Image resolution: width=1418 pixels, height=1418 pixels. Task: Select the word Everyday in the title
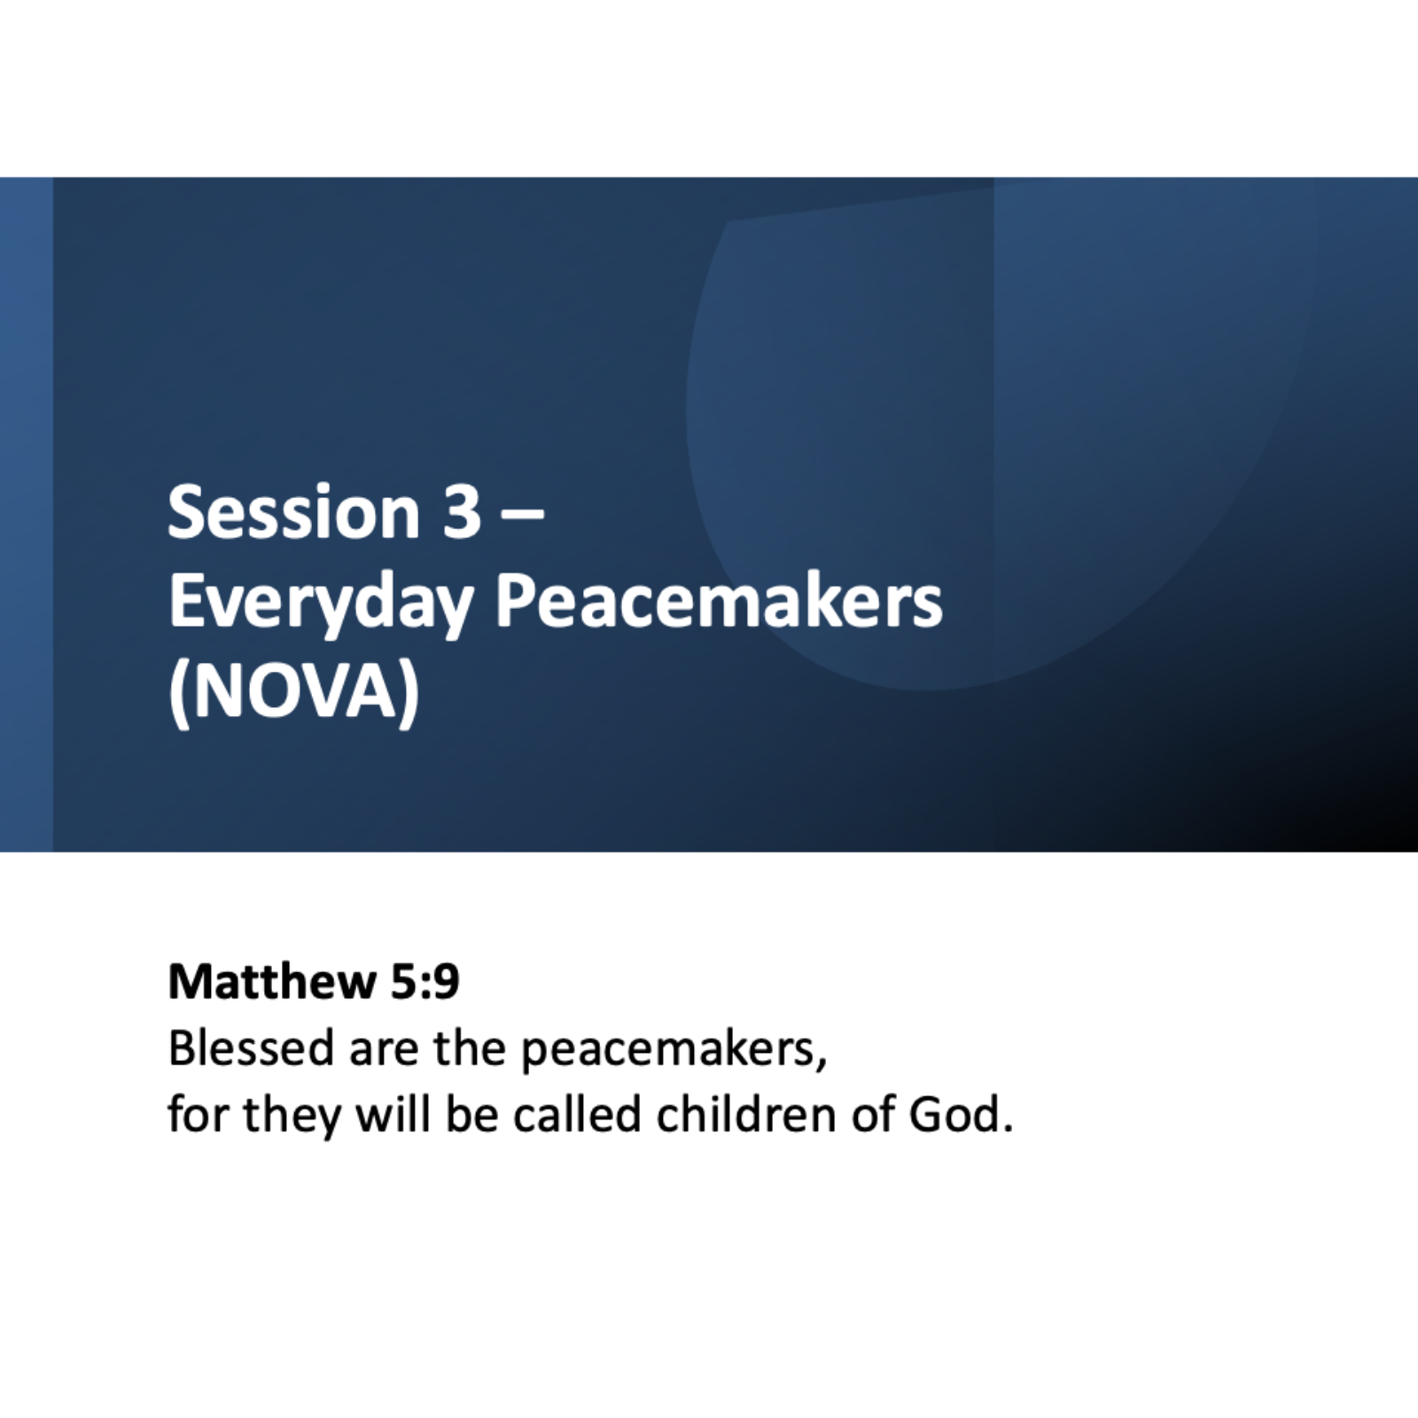(x=320, y=603)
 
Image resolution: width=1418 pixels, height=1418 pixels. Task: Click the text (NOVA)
(x=293, y=692)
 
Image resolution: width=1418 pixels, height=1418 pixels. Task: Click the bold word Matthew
(x=272, y=981)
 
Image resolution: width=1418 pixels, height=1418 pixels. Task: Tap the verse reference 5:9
(x=425, y=982)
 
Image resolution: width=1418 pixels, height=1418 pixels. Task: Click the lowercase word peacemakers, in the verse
(x=674, y=1050)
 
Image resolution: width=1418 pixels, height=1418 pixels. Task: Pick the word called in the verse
(x=577, y=1114)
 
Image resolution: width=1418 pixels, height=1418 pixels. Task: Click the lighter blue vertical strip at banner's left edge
(x=27, y=514)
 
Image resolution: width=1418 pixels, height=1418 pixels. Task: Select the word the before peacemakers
(x=469, y=1048)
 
